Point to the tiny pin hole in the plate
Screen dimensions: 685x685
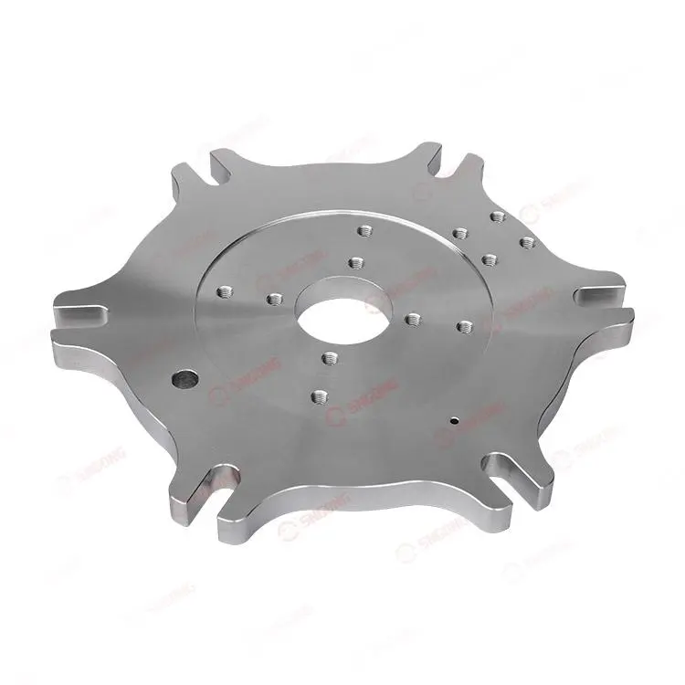454,422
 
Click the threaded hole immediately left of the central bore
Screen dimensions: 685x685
273,298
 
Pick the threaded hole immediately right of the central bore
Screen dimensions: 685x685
413,319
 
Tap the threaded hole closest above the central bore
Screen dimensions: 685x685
355,263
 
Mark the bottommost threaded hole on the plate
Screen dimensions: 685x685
319,396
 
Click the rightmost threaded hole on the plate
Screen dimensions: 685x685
527,243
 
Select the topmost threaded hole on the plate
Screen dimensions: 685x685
498,216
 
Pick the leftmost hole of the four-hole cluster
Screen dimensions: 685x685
459,234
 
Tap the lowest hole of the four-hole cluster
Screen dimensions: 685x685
489,259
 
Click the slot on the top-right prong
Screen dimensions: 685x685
461,170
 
